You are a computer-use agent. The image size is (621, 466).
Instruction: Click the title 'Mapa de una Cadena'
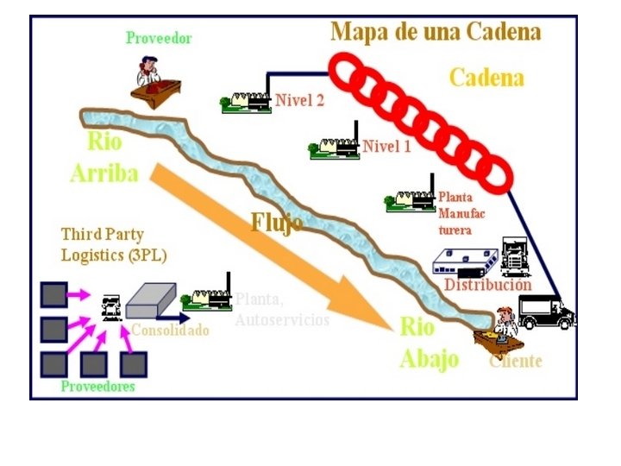coord(436,32)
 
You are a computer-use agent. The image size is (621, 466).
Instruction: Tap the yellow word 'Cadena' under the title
coord(486,78)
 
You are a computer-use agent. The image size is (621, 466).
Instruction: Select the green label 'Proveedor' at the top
coord(159,38)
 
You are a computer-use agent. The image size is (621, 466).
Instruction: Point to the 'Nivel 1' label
coord(386,146)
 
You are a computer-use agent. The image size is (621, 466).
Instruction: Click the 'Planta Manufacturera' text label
coord(455,213)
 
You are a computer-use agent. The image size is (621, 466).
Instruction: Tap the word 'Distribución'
coord(487,285)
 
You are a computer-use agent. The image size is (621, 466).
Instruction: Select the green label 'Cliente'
coord(516,361)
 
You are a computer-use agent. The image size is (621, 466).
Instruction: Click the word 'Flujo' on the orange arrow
coord(276,223)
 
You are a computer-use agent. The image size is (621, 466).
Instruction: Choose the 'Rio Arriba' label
coord(103,158)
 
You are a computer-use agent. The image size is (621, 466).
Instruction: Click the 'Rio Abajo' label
coord(429,343)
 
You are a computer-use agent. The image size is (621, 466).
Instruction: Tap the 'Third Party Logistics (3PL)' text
coord(114,245)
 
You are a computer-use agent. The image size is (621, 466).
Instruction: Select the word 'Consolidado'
coord(170,331)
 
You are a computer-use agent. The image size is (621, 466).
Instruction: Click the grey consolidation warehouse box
coord(151,299)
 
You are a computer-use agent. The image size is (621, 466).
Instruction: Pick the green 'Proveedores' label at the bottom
coord(97,387)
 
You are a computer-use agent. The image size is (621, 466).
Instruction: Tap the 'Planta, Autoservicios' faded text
coord(282,309)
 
